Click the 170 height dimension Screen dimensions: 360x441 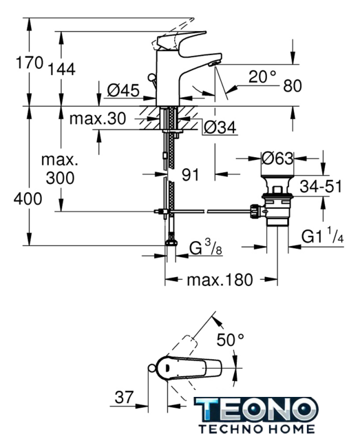[30, 63]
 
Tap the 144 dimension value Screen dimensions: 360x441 [61, 69]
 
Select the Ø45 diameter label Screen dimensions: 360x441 [123, 90]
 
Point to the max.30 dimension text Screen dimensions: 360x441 [98, 119]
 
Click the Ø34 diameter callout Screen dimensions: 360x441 [220, 127]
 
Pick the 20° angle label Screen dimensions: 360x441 [262, 76]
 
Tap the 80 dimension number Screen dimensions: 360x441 [293, 85]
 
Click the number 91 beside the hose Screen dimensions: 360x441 [190, 175]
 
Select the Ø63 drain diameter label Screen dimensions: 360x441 [277, 158]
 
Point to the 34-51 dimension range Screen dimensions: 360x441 [321, 186]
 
